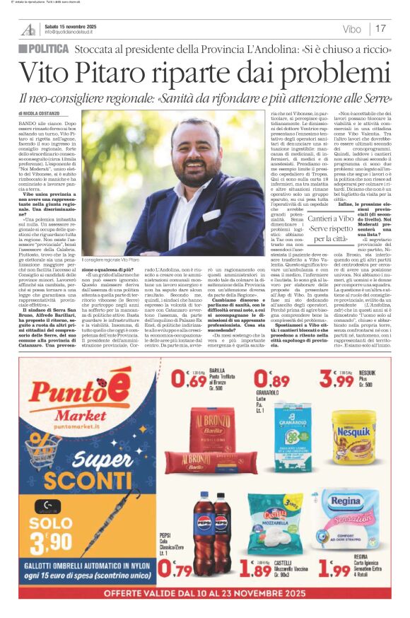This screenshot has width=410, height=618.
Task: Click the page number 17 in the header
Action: (x=380, y=29)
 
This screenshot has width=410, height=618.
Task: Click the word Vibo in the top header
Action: (x=351, y=29)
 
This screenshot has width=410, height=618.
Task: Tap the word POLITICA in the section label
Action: (x=49, y=49)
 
